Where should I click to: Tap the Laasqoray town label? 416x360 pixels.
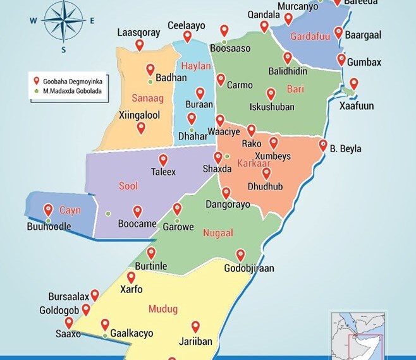138,33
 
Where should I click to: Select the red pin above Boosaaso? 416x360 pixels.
224,30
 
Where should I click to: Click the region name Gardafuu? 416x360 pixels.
310,37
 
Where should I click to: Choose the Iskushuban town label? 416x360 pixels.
272,107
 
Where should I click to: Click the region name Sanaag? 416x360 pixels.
147,98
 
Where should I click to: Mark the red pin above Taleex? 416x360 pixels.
163,160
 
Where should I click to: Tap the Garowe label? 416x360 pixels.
178,227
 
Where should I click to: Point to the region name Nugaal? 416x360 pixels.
214,233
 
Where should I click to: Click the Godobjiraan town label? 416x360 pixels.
249,268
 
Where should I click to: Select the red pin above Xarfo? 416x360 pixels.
132,277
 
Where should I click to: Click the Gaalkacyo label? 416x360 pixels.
132,333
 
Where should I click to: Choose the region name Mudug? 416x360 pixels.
162,309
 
